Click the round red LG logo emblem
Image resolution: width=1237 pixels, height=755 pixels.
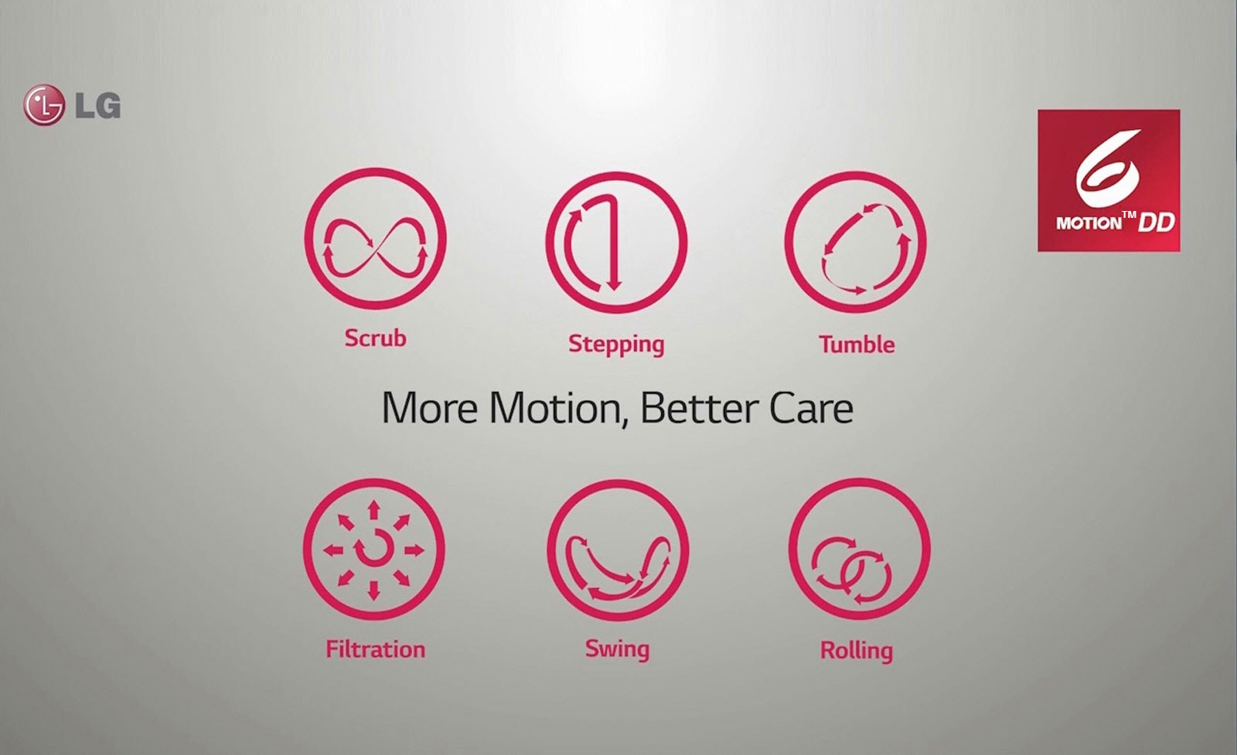[43, 105]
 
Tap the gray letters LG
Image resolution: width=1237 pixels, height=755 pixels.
[97, 105]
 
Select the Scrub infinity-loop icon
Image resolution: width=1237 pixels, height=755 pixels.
[376, 239]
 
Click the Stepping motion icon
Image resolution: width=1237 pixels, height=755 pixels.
[616, 243]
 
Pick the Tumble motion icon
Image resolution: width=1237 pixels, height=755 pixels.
[855, 243]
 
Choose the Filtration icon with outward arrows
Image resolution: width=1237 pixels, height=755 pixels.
[374, 549]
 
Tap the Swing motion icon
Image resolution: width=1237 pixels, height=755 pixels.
[618, 550]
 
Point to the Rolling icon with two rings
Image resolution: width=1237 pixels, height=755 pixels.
[859, 549]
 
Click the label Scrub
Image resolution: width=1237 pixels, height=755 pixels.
[376, 338]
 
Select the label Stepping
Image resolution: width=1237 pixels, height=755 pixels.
[616, 345]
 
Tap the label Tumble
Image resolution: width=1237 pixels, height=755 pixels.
[857, 345]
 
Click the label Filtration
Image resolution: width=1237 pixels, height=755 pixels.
[376, 649]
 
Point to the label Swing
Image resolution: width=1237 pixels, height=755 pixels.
[618, 650]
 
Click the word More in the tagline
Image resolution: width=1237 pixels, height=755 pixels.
[429, 408]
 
